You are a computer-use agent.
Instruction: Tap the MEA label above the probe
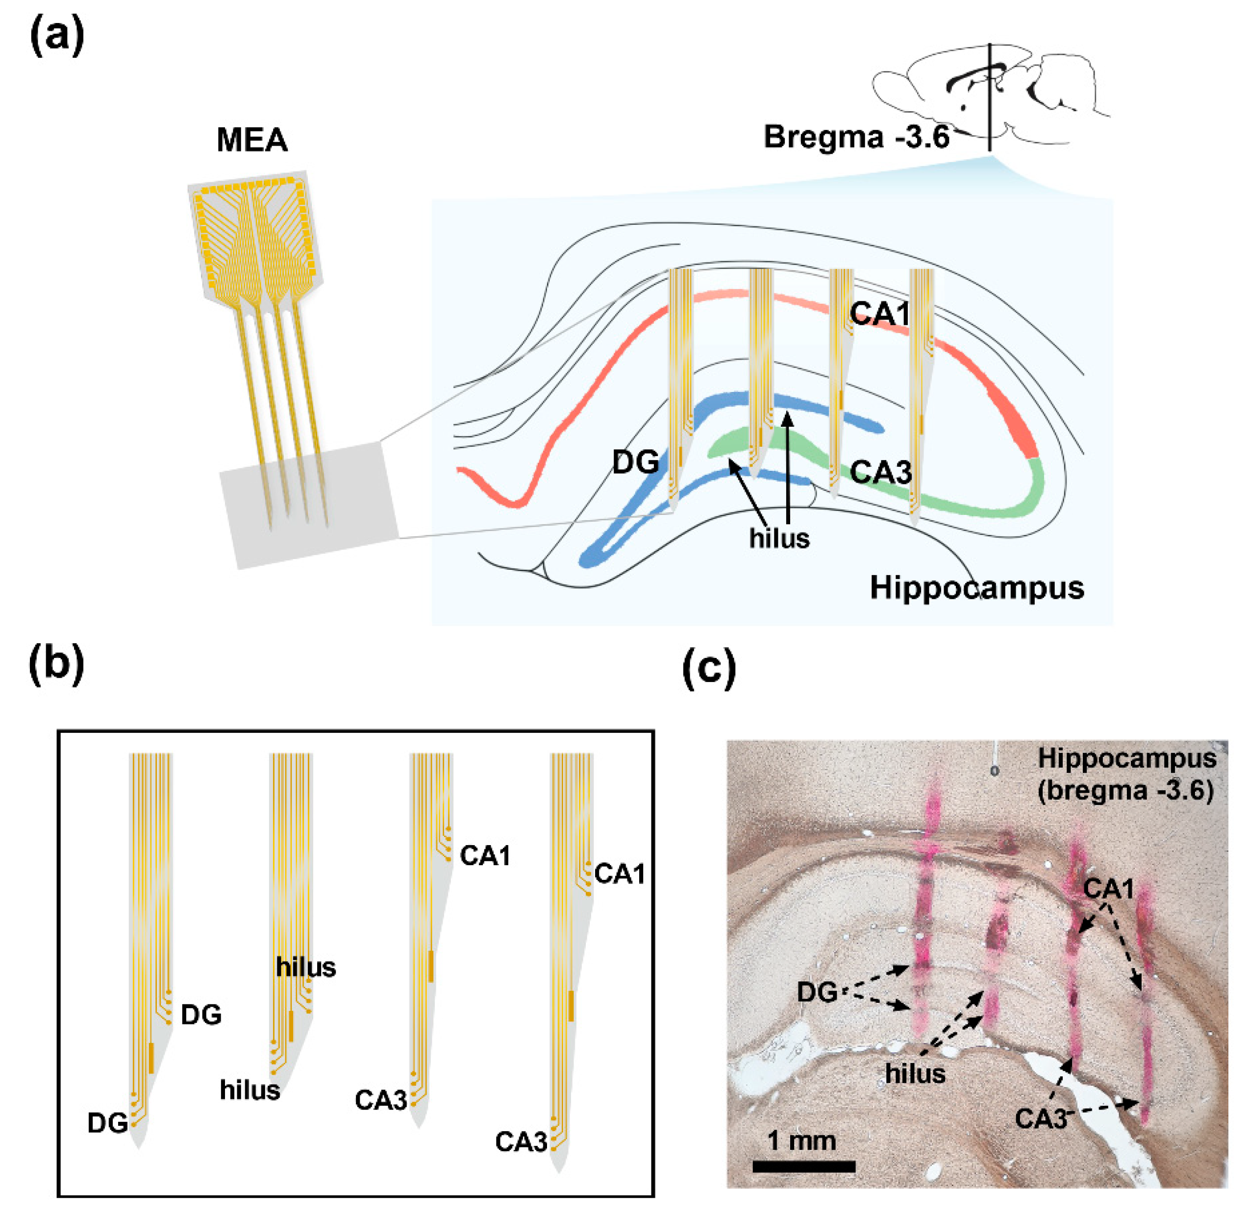[x=252, y=140]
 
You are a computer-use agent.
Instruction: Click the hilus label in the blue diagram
[x=779, y=539]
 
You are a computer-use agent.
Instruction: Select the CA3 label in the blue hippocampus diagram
[x=880, y=472]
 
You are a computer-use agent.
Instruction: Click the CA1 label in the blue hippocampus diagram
[x=879, y=314]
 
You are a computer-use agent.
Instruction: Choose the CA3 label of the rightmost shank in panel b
[x=521, y=1142]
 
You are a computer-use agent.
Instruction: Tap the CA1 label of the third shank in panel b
[x=485, y=856]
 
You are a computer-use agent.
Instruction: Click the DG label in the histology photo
[x=817, y=992]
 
